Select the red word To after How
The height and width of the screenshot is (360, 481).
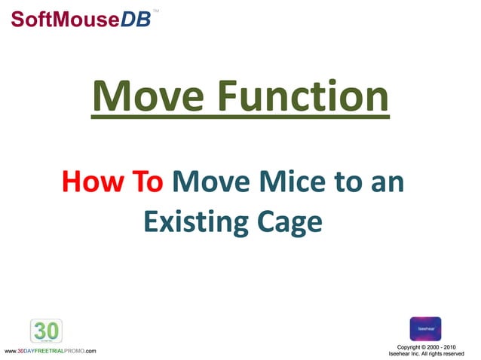(x=148, y=182)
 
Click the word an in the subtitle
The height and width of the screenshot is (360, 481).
(x=386, y=182)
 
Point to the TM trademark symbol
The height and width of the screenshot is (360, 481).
(x=155, y=11)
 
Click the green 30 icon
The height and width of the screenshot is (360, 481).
(x=46, y=331)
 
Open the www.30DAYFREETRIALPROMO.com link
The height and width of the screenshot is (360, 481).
(x=50, y=352)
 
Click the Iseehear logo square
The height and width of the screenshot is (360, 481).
(x=425, y=328)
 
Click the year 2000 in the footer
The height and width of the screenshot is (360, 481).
(x=436, y=346)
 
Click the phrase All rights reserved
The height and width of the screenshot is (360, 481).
(x=447, y=353)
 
